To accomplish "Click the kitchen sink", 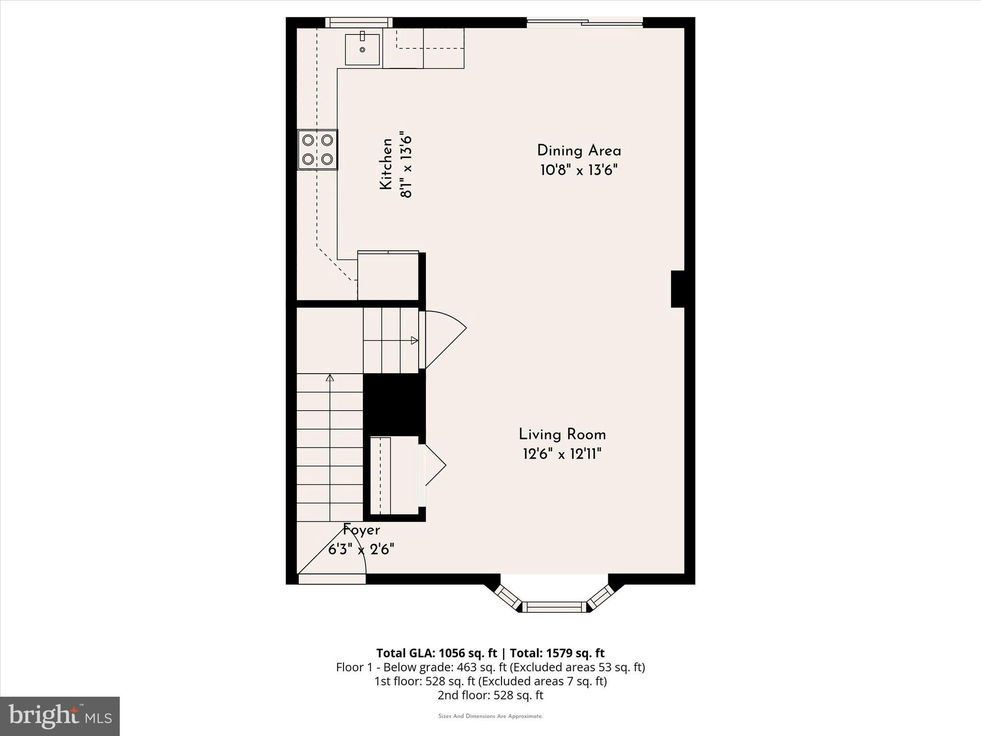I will tap(363, 49).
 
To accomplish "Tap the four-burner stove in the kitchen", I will tap(318, 149).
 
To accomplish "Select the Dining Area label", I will tap(579, 151).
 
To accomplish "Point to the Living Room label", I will tap(562, 435).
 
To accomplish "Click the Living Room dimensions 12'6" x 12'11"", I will tap(562, 454).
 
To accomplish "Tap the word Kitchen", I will tap(386, 164).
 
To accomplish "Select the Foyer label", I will tap(362, 530).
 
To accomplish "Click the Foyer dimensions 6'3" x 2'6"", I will tap(361, 549).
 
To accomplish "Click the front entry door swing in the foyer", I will tap(335, 556).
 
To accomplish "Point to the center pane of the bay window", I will tap(554, 607).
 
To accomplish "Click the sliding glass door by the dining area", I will tap(584, 22).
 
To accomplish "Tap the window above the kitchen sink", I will tap(359, 22).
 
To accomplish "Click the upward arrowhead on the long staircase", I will tap(330, 378).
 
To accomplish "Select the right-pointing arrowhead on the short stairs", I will tap(414, 341).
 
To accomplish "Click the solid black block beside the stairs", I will tap(394, 405).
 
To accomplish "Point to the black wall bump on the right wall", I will tap(677, 289).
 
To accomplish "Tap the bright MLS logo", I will tap(60, 716).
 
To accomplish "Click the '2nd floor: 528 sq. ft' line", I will tap(490, 695).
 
